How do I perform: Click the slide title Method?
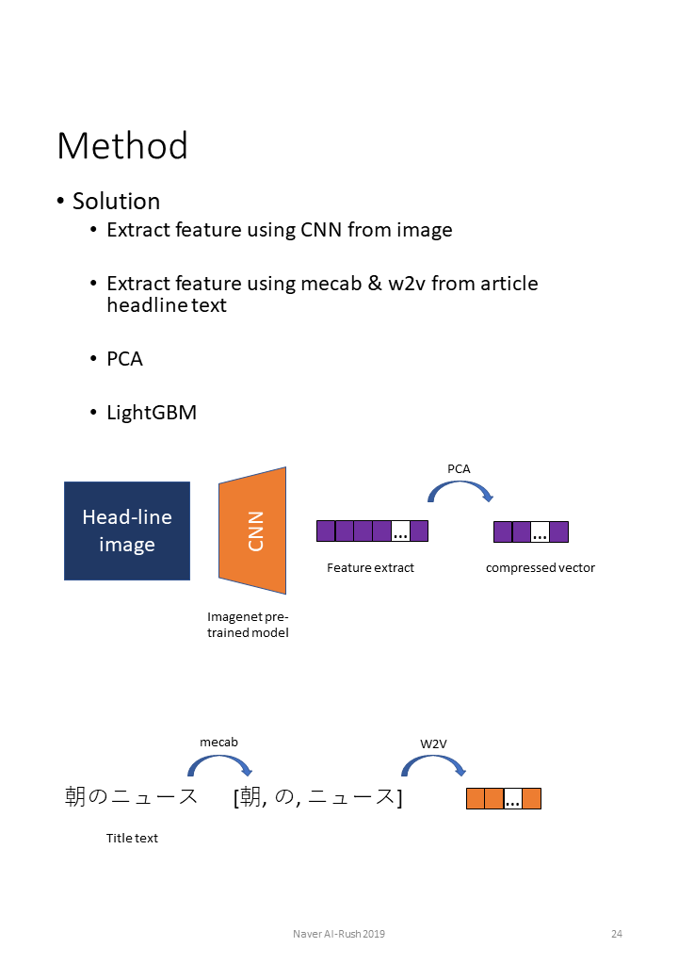122,146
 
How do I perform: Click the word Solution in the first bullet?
116,201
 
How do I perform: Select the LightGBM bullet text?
152,412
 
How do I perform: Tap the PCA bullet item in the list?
124,359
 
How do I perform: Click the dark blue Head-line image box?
127,531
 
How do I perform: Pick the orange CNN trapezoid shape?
252,531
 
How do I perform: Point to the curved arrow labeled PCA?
460,491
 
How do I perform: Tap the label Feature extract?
370,567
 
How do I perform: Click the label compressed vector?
540,567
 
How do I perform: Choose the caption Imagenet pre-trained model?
248,625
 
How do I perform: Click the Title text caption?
132,838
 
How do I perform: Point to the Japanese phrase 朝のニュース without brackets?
131,797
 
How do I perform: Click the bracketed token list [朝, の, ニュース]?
318,797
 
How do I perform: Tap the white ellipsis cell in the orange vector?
513,800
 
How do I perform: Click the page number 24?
617,934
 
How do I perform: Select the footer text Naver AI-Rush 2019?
338,934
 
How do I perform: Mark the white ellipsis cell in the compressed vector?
540,532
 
